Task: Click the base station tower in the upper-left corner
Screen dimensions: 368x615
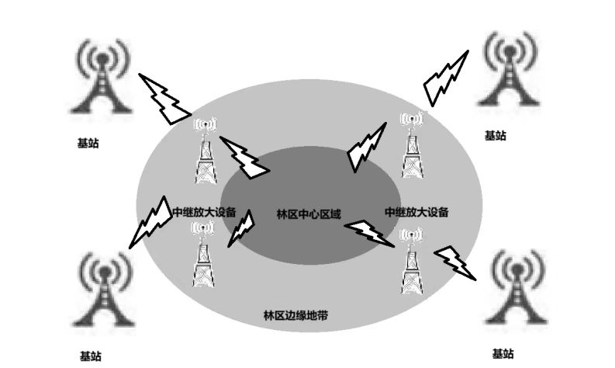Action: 100,78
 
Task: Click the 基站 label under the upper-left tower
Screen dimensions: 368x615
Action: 88,143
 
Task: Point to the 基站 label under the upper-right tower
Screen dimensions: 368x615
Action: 495,135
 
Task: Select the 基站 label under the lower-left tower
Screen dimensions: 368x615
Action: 90,356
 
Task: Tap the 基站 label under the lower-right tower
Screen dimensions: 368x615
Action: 502,353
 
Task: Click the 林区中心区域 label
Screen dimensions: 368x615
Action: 309,214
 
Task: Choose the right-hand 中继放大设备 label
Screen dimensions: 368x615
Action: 416,211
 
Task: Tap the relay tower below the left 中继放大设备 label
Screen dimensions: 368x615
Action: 203,256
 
